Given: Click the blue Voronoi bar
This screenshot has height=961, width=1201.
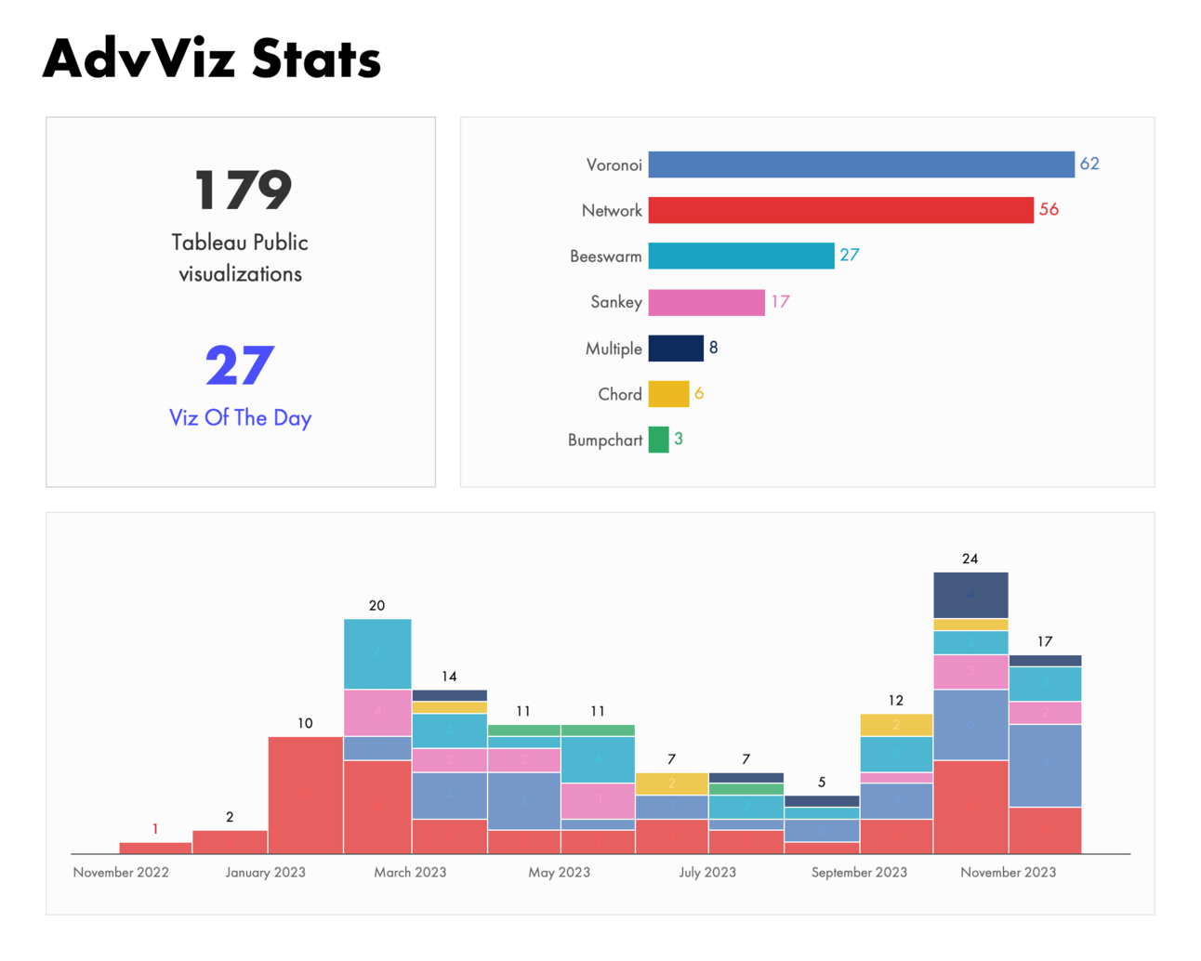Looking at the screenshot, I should pyautogui.click(x=861, y=165).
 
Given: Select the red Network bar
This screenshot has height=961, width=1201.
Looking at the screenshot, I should pyautogui.click(x=840, y=210).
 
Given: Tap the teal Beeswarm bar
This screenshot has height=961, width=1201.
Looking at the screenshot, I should pyautogui.click(x=741, y=256).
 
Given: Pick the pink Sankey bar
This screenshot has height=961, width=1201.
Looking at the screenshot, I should pyautogui.click(x=706, y=302).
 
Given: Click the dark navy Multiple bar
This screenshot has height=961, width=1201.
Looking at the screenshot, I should pyautogui.click(x=676, y=348).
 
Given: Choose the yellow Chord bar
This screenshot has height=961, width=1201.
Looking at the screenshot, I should pyautogui.click(x=668, y=394).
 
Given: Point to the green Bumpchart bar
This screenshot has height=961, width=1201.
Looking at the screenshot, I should pyautogui.click(x=658, y=440).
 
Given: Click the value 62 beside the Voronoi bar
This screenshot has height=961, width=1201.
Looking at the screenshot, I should pyautogui.click(x=1089, y=165).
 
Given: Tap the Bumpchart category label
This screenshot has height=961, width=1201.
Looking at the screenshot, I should pyautogui.click(x=605, y=441).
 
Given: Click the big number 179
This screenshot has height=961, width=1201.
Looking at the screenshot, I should pyautogui.click(x=243, y=191).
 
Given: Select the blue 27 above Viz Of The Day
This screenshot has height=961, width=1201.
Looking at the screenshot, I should pyautogui.click(x=240, y=366).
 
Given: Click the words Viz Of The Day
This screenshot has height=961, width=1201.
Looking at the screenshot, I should pyautogui.click(x=240, y=418).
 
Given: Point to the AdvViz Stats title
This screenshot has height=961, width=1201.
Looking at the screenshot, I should pyautogui.click(x=212, y=59).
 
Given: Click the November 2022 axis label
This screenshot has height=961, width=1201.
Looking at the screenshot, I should pyautogui.click(x=121, y=873).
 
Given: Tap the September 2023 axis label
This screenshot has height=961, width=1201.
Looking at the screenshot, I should pyautogui.click(x=859, y=873).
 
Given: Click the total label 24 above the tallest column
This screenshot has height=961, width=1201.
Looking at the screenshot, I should pyautogui.click(x=970, y=559).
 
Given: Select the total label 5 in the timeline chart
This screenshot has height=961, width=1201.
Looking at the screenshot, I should pyautogui.click(x=822, y=783).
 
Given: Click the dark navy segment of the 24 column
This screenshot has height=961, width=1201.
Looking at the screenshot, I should pyautogui.click(x=970, y=595).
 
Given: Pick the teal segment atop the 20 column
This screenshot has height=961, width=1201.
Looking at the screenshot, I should pyautogui.click(x=377, y=654).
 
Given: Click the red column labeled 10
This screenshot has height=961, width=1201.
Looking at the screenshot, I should pyautogui.click(x=305, y=795).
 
